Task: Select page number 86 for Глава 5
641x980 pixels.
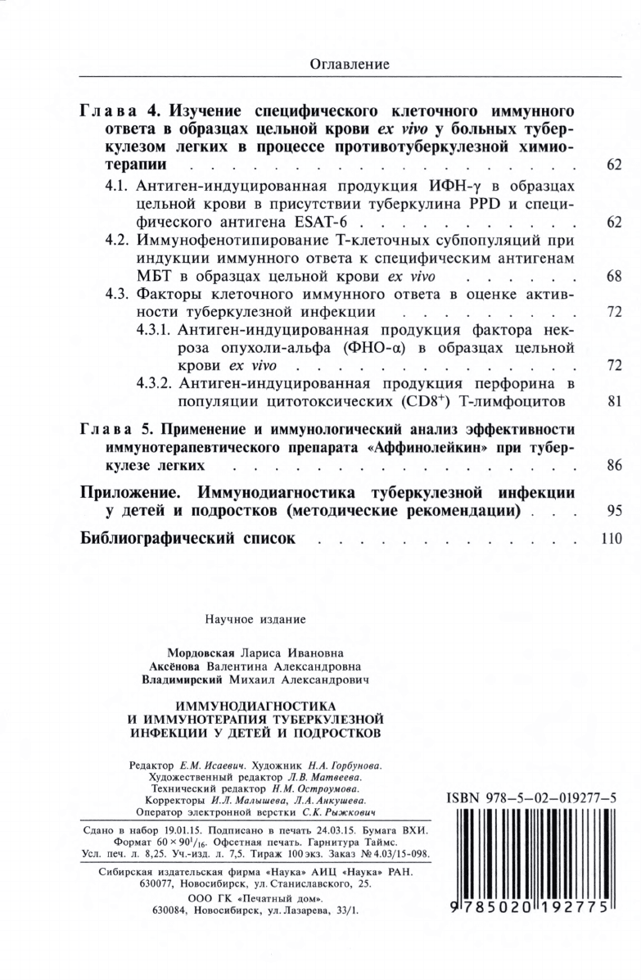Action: click(x=615, y=465)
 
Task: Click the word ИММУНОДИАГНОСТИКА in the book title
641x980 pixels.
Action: click(x=255, y=705)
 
